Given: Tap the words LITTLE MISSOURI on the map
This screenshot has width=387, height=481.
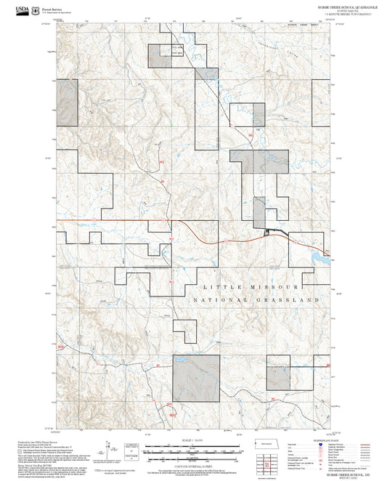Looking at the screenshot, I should coord(251,288).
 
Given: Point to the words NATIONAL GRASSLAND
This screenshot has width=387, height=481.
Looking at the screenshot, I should coord(256,299).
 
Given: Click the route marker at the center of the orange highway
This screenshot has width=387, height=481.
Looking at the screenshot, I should coord(226,239).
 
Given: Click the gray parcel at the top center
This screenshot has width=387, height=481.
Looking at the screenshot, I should coord(157,54).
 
